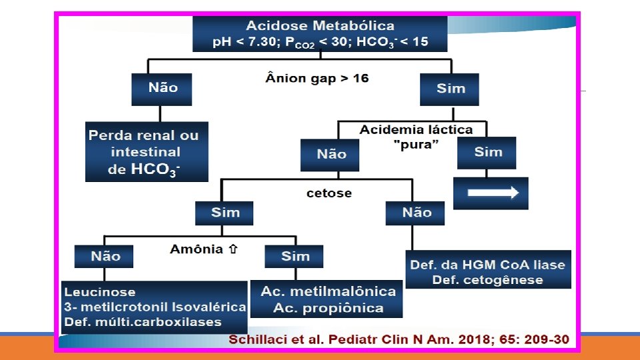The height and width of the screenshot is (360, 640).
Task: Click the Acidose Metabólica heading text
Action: click(320, 26)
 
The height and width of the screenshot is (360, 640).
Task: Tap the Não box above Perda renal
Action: click(163, 88)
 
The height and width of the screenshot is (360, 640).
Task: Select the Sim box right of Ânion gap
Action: click(450, 89)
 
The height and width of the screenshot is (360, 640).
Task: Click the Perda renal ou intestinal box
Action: click(146, 152)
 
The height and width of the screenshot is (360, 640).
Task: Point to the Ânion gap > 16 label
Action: click(317, 79)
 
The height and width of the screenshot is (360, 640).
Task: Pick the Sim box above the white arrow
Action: click(487, 152)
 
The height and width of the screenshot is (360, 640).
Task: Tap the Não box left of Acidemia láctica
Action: click(331, 154)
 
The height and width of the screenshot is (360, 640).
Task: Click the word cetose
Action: click(329, 193)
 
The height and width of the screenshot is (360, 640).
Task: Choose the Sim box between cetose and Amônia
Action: click(225, 213)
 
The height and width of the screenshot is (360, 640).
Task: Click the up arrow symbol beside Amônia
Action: click(233, 249)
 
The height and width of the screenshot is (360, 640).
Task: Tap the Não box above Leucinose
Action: click(105, 256)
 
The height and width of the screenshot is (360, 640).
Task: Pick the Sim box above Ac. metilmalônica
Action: click(294, 256)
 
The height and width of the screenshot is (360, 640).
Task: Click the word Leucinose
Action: click(99, 292)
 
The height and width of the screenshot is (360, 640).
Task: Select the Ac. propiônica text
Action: click(327, 308)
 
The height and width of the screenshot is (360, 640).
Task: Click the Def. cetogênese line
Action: click(487, 279)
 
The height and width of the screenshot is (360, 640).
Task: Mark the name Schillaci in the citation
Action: click(259, 340)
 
